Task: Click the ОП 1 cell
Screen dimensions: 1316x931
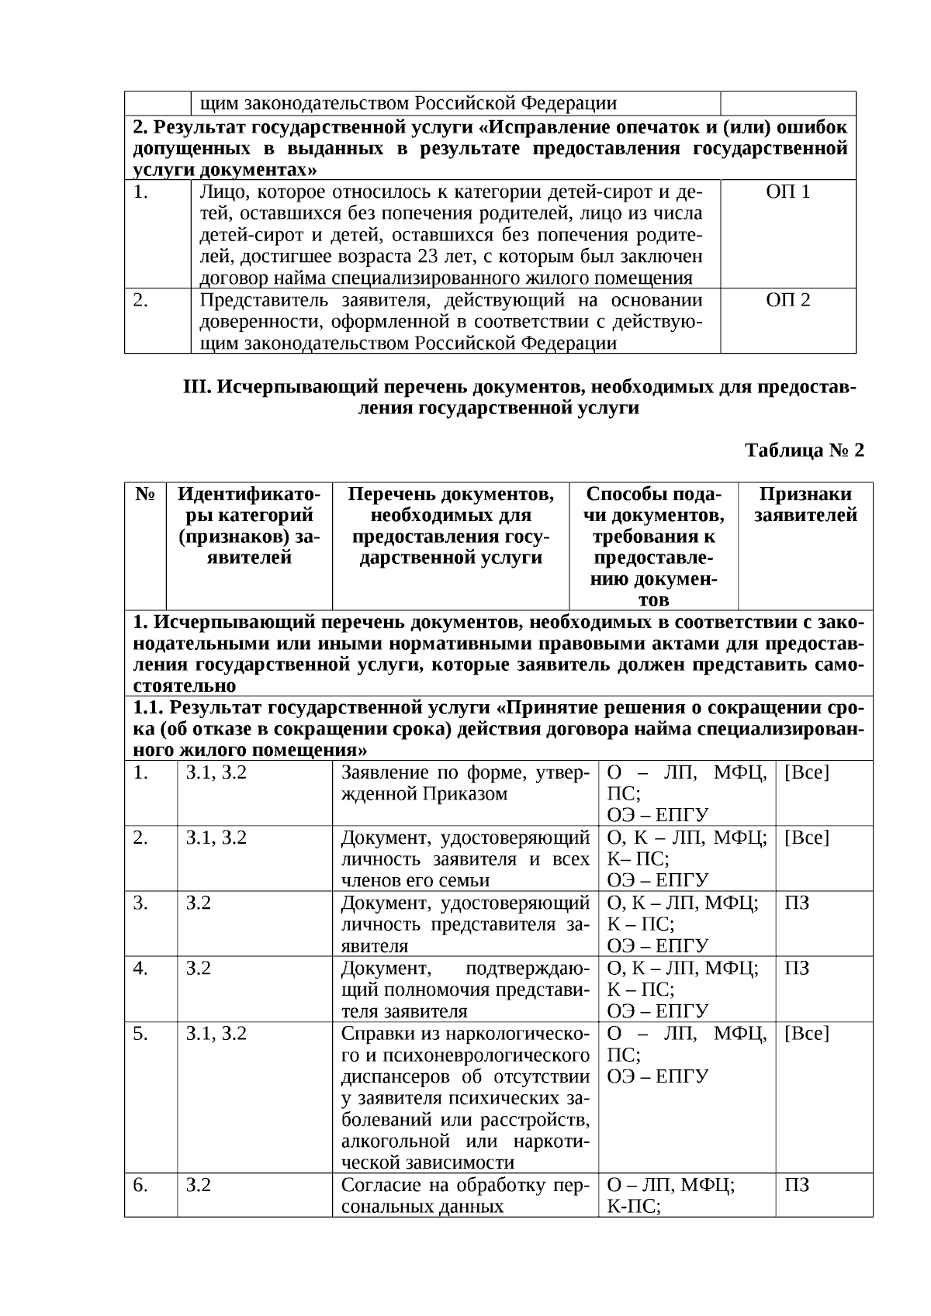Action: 787,192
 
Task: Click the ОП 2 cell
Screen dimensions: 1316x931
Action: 787,300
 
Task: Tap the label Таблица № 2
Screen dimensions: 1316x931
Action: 804,451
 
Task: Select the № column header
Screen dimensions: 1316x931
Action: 145,495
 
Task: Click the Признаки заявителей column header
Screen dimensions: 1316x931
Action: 805,505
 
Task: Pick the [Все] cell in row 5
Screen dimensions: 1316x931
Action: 807,1033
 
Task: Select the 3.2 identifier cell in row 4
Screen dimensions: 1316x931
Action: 198,968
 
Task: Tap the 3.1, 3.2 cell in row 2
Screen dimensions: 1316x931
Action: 216,838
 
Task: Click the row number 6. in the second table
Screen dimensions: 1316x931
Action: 140,1185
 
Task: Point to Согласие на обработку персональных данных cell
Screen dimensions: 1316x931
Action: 465,1196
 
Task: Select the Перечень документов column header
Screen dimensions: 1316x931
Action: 451,526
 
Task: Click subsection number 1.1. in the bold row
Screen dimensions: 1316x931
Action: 148,707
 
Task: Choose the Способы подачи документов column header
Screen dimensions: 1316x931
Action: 653,547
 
